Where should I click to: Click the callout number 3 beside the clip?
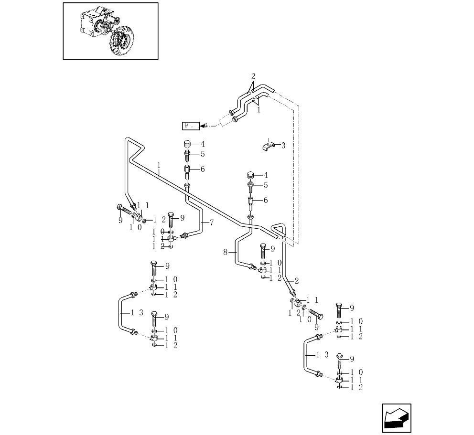tap(283, 145)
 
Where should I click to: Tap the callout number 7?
tap(212, 223)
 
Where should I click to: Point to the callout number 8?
tap(226, 252)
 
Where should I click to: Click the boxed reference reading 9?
tap(190, 126)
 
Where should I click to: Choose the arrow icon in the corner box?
tap(397, 419)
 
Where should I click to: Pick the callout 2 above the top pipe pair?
tap(253, 76)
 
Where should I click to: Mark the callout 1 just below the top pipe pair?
tap(259, 110)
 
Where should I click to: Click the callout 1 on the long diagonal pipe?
tap(158, 165)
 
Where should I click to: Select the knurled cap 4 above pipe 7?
tap(188, 144)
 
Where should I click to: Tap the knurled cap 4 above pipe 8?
tap(251, 175)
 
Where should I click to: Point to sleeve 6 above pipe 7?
tap(188, 169)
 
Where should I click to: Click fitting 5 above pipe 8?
tap(251, 185)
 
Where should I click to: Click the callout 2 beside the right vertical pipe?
tap(297, 280)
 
